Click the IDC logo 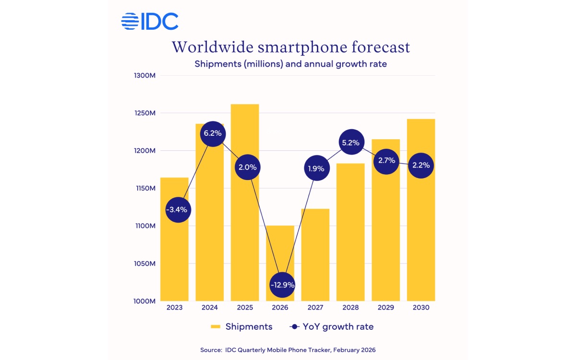[149, 22]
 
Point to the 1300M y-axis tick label [143, 75]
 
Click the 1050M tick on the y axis [143, 264]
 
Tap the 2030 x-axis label [421, 308]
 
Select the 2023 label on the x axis [174, 308]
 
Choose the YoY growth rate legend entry [332, 327]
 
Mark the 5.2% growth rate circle [351, 143]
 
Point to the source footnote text [288, 350]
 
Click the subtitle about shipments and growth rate [290, 64]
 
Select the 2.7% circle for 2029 [386, 160]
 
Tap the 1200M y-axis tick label [143, 151]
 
